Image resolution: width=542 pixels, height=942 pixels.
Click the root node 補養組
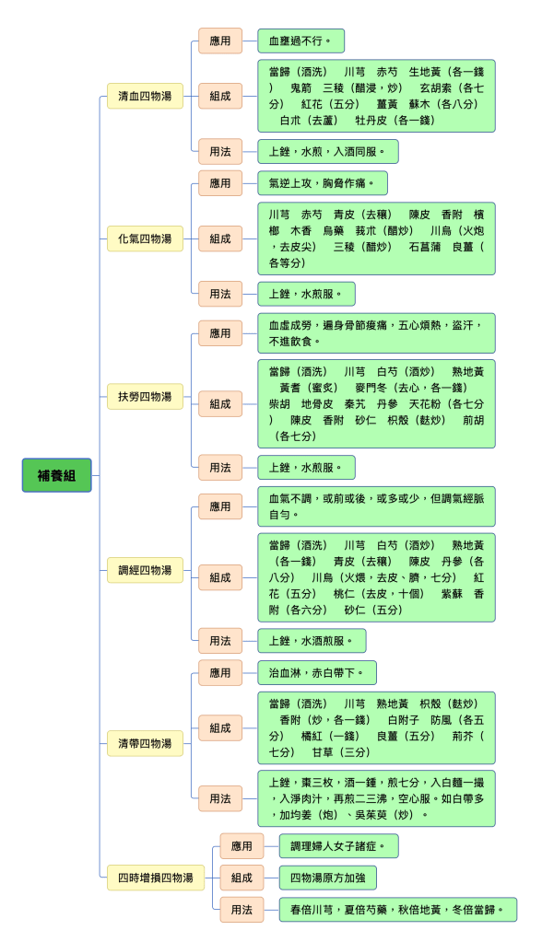click(56, 475)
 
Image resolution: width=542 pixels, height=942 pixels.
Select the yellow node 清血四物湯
click(145, 96)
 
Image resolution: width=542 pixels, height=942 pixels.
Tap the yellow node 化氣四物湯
click(145, 238)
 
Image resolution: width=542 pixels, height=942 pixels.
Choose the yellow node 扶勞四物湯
click(145, 397)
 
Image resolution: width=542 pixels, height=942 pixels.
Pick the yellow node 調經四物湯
click(145, 570)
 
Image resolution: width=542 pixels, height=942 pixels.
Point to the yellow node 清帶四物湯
click(145, 743)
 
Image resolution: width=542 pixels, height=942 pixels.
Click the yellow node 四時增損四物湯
click(156, 878)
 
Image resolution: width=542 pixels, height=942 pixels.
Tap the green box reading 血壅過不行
click(300, 41)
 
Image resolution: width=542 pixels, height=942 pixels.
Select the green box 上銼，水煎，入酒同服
click(328, 151)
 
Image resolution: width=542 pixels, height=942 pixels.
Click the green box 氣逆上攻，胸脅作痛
click(323, 183)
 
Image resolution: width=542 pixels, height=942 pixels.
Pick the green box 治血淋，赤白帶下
click(317, 673)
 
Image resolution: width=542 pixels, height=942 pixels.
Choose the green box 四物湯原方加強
click(328, 878)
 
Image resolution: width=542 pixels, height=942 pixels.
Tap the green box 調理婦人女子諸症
click(338, 846)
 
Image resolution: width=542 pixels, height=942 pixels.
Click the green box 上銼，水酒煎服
click(312, 641)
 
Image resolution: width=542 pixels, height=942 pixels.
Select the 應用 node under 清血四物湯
click(220, 41)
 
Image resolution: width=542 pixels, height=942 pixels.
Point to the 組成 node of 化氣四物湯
click(220, 238)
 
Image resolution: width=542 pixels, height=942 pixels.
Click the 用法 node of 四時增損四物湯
click(242, 910)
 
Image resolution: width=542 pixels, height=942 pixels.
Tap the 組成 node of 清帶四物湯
click(220, 728)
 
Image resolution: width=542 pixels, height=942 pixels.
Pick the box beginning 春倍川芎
click(397, 910)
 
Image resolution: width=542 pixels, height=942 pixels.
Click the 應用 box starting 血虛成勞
click(377, 332)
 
